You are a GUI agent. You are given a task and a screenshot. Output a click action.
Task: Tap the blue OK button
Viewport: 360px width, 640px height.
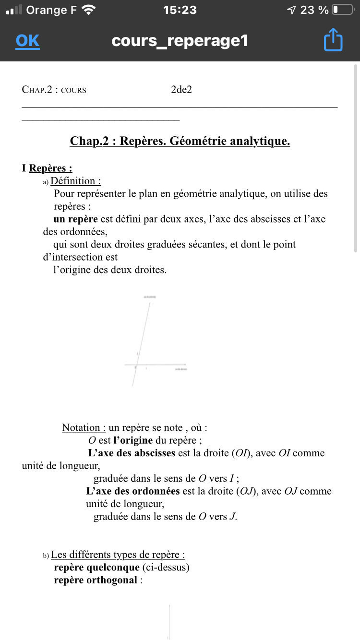coord(27,41)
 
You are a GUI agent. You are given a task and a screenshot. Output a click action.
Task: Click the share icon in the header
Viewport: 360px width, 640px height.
coord(333,40)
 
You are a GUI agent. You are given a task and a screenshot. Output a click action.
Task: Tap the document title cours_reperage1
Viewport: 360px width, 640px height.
coord(180,41)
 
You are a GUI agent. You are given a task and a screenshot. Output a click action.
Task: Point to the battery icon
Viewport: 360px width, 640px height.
coord(343,10)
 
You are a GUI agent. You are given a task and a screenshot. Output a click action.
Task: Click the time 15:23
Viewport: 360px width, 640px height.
coord(180,10)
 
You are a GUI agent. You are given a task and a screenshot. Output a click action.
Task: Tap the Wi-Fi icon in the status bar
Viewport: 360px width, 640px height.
coord(89,10)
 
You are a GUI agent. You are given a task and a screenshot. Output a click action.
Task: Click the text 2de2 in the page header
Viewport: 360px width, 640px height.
coord(181,90)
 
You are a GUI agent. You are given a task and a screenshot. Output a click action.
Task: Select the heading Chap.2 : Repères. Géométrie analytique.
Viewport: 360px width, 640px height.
coord(180,141)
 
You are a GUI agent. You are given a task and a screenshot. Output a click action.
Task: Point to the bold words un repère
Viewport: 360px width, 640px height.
coord(76,219)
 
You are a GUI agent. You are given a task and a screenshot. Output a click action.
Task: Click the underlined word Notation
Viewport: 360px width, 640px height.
coord(81,427)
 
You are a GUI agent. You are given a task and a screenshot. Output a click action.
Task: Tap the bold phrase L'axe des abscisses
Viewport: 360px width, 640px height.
coord(132,453)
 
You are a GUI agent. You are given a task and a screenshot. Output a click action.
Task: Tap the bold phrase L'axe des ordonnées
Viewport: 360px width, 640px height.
coord(133,491)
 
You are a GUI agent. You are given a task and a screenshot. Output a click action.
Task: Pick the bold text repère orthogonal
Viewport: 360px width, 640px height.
coord(96,581)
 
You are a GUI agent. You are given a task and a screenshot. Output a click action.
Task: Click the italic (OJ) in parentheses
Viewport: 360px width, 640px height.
coord(245,491)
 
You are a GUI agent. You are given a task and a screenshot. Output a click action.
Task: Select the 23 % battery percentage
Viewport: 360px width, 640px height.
coord(314,10)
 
